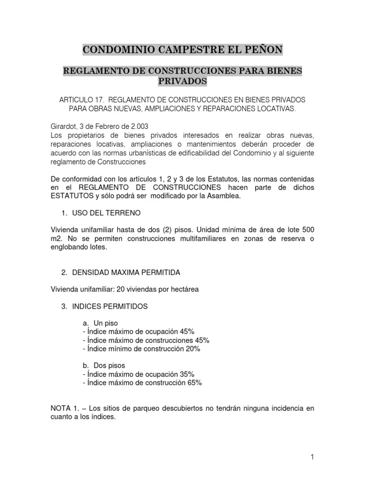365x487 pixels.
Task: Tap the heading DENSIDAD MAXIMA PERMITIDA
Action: pyautogui.click(x=126, y=273)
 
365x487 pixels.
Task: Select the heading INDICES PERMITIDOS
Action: pyautogui.click(x=110, y=307)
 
